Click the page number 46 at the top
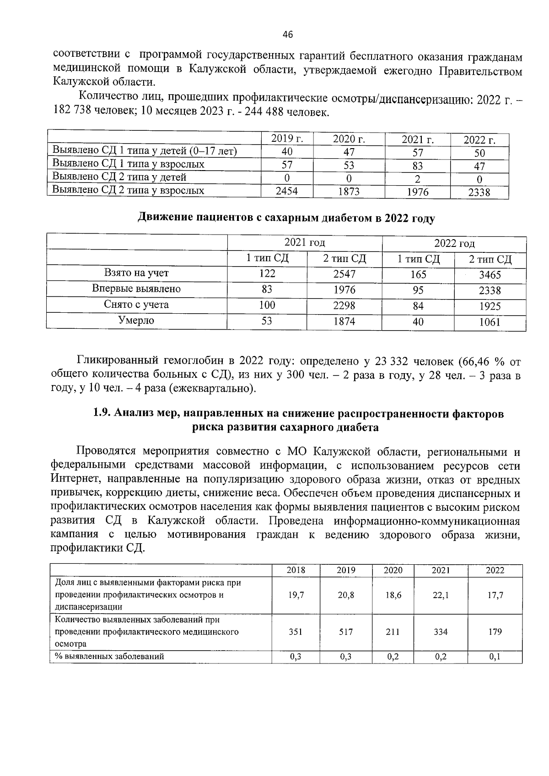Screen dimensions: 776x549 pyautogui.click(x=288, y=34)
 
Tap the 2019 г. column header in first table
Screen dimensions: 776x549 pyautogui.click(x=287, y=139)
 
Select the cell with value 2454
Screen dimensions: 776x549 pyautogui.click(x=287, y=191)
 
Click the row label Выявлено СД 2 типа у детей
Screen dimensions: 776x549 pyautogui.click(x=119, y=177)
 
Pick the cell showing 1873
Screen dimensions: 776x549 pyautogui.click(x=349, y=192)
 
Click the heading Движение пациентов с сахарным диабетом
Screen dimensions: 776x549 pyautogui.click(x=286, y=218)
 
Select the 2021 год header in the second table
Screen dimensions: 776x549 pyautogui.click(x=305, y=243)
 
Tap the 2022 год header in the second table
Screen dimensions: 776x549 pyautogui.click(x=454, y=243)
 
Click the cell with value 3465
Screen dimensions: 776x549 pyautogui.click(x=490, y=275)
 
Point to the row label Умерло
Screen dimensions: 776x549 pyautogui.click(x=136, y=321)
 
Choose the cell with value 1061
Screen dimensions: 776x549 pyautogui.click(x=490, y=322)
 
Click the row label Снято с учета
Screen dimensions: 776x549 pyautogui.click(x=136, y=305)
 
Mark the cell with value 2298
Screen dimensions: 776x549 pyautogui.click(x=344, y=305)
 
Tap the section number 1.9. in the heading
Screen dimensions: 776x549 pyautogui.click(x=102, y=413)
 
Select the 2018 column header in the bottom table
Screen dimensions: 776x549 pyautogui.click(x=296, y=570)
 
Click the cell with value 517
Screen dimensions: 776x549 pyautogui.click(x=345, y=632)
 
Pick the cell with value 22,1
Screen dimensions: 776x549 pyautogui.click(x=440, y=595)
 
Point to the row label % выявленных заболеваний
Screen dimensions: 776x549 pyautogui.click(x=109, y=657)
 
